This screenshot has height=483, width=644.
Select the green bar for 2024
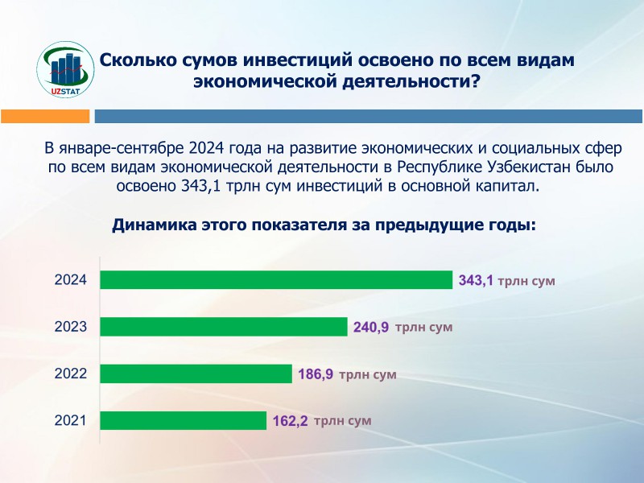click(275, 280)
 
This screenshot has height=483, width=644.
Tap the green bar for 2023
click(223, 327)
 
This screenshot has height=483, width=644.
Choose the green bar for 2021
click(182, 420)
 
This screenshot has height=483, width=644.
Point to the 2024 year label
click(70, 281)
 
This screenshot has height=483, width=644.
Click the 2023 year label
click(70, 328)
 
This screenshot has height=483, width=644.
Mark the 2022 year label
click(70, 374)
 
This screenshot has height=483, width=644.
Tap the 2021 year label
click(70, 420)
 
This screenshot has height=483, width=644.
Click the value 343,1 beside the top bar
click(475, 281)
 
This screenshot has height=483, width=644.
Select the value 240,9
click(371, 328)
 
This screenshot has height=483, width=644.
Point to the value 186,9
click(316, 374)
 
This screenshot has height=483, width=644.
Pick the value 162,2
click(290, 421)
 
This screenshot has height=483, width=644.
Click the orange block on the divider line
click(46, 117)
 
